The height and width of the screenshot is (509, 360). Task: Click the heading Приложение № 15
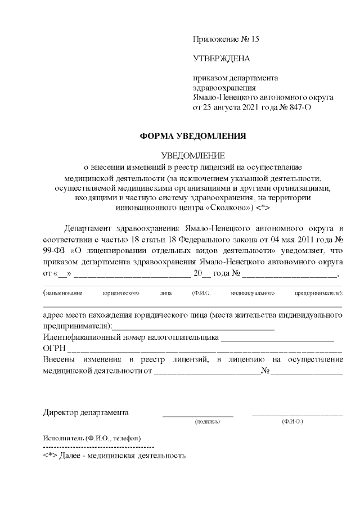[x=226, y=39]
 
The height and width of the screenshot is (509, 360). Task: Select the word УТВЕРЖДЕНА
[x=221, y=58]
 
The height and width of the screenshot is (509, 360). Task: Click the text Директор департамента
[x=86, y=412]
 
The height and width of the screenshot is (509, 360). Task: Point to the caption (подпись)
[x=206, y=421]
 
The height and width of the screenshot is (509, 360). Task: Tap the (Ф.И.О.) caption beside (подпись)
[x=292, y=421]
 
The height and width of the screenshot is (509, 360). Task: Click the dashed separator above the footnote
[x=98, y=447]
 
